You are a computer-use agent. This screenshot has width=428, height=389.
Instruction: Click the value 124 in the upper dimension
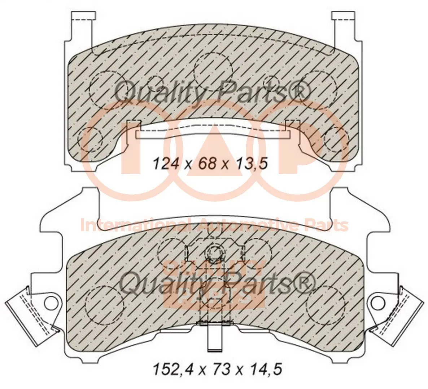[x=166, y=164]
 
